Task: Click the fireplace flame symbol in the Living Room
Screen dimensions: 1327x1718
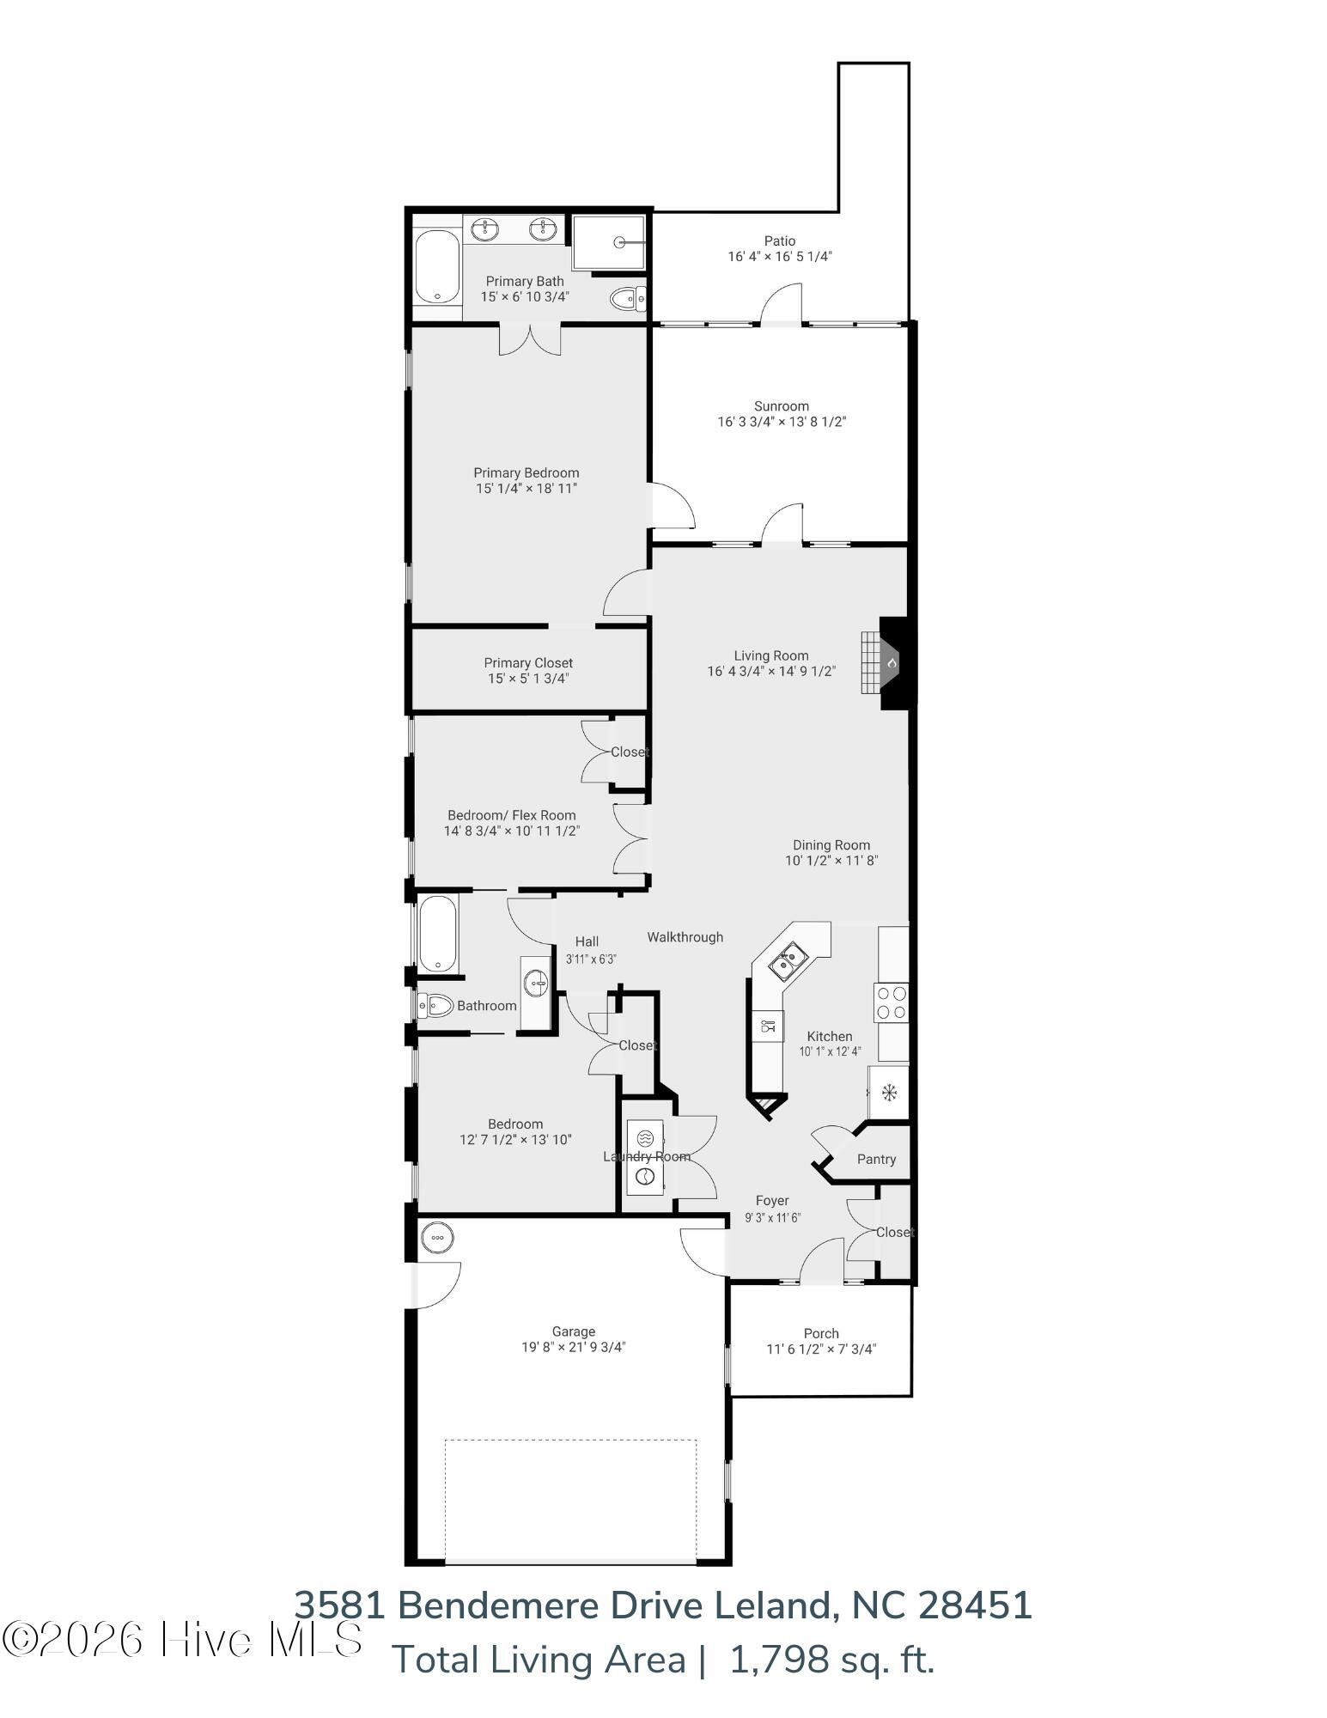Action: click(x=892, y=663)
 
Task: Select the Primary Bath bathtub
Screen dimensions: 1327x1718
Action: click(x=437, y=267)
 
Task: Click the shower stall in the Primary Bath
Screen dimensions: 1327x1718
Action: click(x=608, y=242)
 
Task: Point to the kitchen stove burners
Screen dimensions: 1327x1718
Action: click(x=891, y=1001)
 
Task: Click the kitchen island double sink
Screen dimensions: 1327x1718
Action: click(x=787, y=960)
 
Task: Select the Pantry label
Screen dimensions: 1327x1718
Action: click(x=876, y=1159)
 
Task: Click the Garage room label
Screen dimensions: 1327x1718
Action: click(x=574, y=1331)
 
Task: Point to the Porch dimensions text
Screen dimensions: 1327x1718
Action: click(x=821, y=1349)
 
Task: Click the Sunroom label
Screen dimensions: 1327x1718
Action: click(x=782, y=406)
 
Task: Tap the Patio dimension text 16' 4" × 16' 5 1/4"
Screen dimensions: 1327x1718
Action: click(x=780, y=256)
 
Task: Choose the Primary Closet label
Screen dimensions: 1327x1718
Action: click(x=528, y=663)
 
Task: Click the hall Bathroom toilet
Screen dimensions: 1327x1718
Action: click(x=436, y=1004)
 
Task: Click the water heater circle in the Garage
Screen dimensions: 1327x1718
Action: click(x=437, y=1238)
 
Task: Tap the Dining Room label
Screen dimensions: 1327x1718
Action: click(x=831, y=845)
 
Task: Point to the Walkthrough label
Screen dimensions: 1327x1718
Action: click(x=685, y=937)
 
